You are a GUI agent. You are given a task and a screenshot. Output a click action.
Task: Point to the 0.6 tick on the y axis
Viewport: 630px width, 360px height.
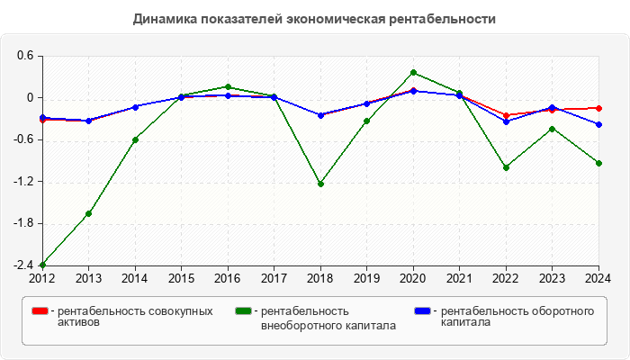tap(24, 56)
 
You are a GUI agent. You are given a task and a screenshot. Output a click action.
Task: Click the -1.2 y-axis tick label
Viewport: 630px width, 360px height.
tap(22, 182)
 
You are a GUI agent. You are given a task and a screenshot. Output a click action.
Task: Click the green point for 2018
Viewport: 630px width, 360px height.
tap(320, 184)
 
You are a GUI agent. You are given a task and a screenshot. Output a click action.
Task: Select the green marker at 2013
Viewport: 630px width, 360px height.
tap(88, 213)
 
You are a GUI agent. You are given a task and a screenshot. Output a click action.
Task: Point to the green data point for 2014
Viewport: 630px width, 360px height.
tap(135, 139)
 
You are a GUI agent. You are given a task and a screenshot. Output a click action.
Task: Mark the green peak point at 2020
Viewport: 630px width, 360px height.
tap(413, 72)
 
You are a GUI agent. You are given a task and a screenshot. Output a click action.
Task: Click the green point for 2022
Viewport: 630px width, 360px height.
tap(506, 167)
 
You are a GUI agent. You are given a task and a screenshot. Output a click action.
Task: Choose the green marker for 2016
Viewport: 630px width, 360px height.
tap(228, 86)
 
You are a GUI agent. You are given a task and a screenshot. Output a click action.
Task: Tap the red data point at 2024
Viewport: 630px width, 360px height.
tap(598, 108)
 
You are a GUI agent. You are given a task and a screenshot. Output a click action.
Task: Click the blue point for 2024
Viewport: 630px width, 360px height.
tap(598, 124)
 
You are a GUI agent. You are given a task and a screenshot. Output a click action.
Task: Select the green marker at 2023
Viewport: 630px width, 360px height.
tap(552, 128)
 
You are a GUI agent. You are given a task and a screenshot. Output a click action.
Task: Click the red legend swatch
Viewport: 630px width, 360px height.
tap(40, 311)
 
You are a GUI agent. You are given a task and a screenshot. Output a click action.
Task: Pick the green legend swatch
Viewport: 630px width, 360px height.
tap(243, 311)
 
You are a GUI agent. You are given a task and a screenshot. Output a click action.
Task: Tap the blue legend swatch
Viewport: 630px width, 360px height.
tap(423, 311)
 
